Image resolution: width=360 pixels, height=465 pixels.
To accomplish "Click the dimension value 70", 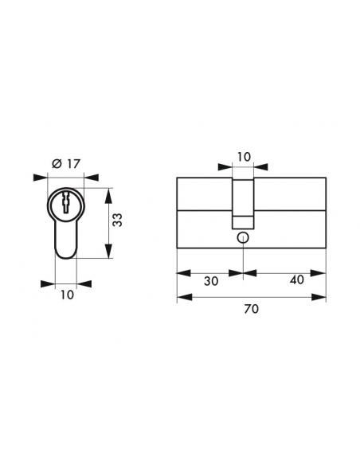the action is coord(252,309).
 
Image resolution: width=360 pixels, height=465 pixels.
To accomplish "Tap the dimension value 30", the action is coord(211,281).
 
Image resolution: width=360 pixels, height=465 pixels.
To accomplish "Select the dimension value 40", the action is coord(297,279).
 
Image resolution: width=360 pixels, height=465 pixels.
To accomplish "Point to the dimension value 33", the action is coord(118,220).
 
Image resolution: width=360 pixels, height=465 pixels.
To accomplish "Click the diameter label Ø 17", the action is coord(66,164).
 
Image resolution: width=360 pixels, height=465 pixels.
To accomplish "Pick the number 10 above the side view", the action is coord(244,157).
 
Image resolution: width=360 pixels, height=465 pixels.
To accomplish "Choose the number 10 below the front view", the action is coord(67,295).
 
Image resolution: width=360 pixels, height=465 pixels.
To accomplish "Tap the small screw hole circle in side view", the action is coord(243,238).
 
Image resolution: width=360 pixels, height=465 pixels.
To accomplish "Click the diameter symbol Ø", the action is coord(57,164).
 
